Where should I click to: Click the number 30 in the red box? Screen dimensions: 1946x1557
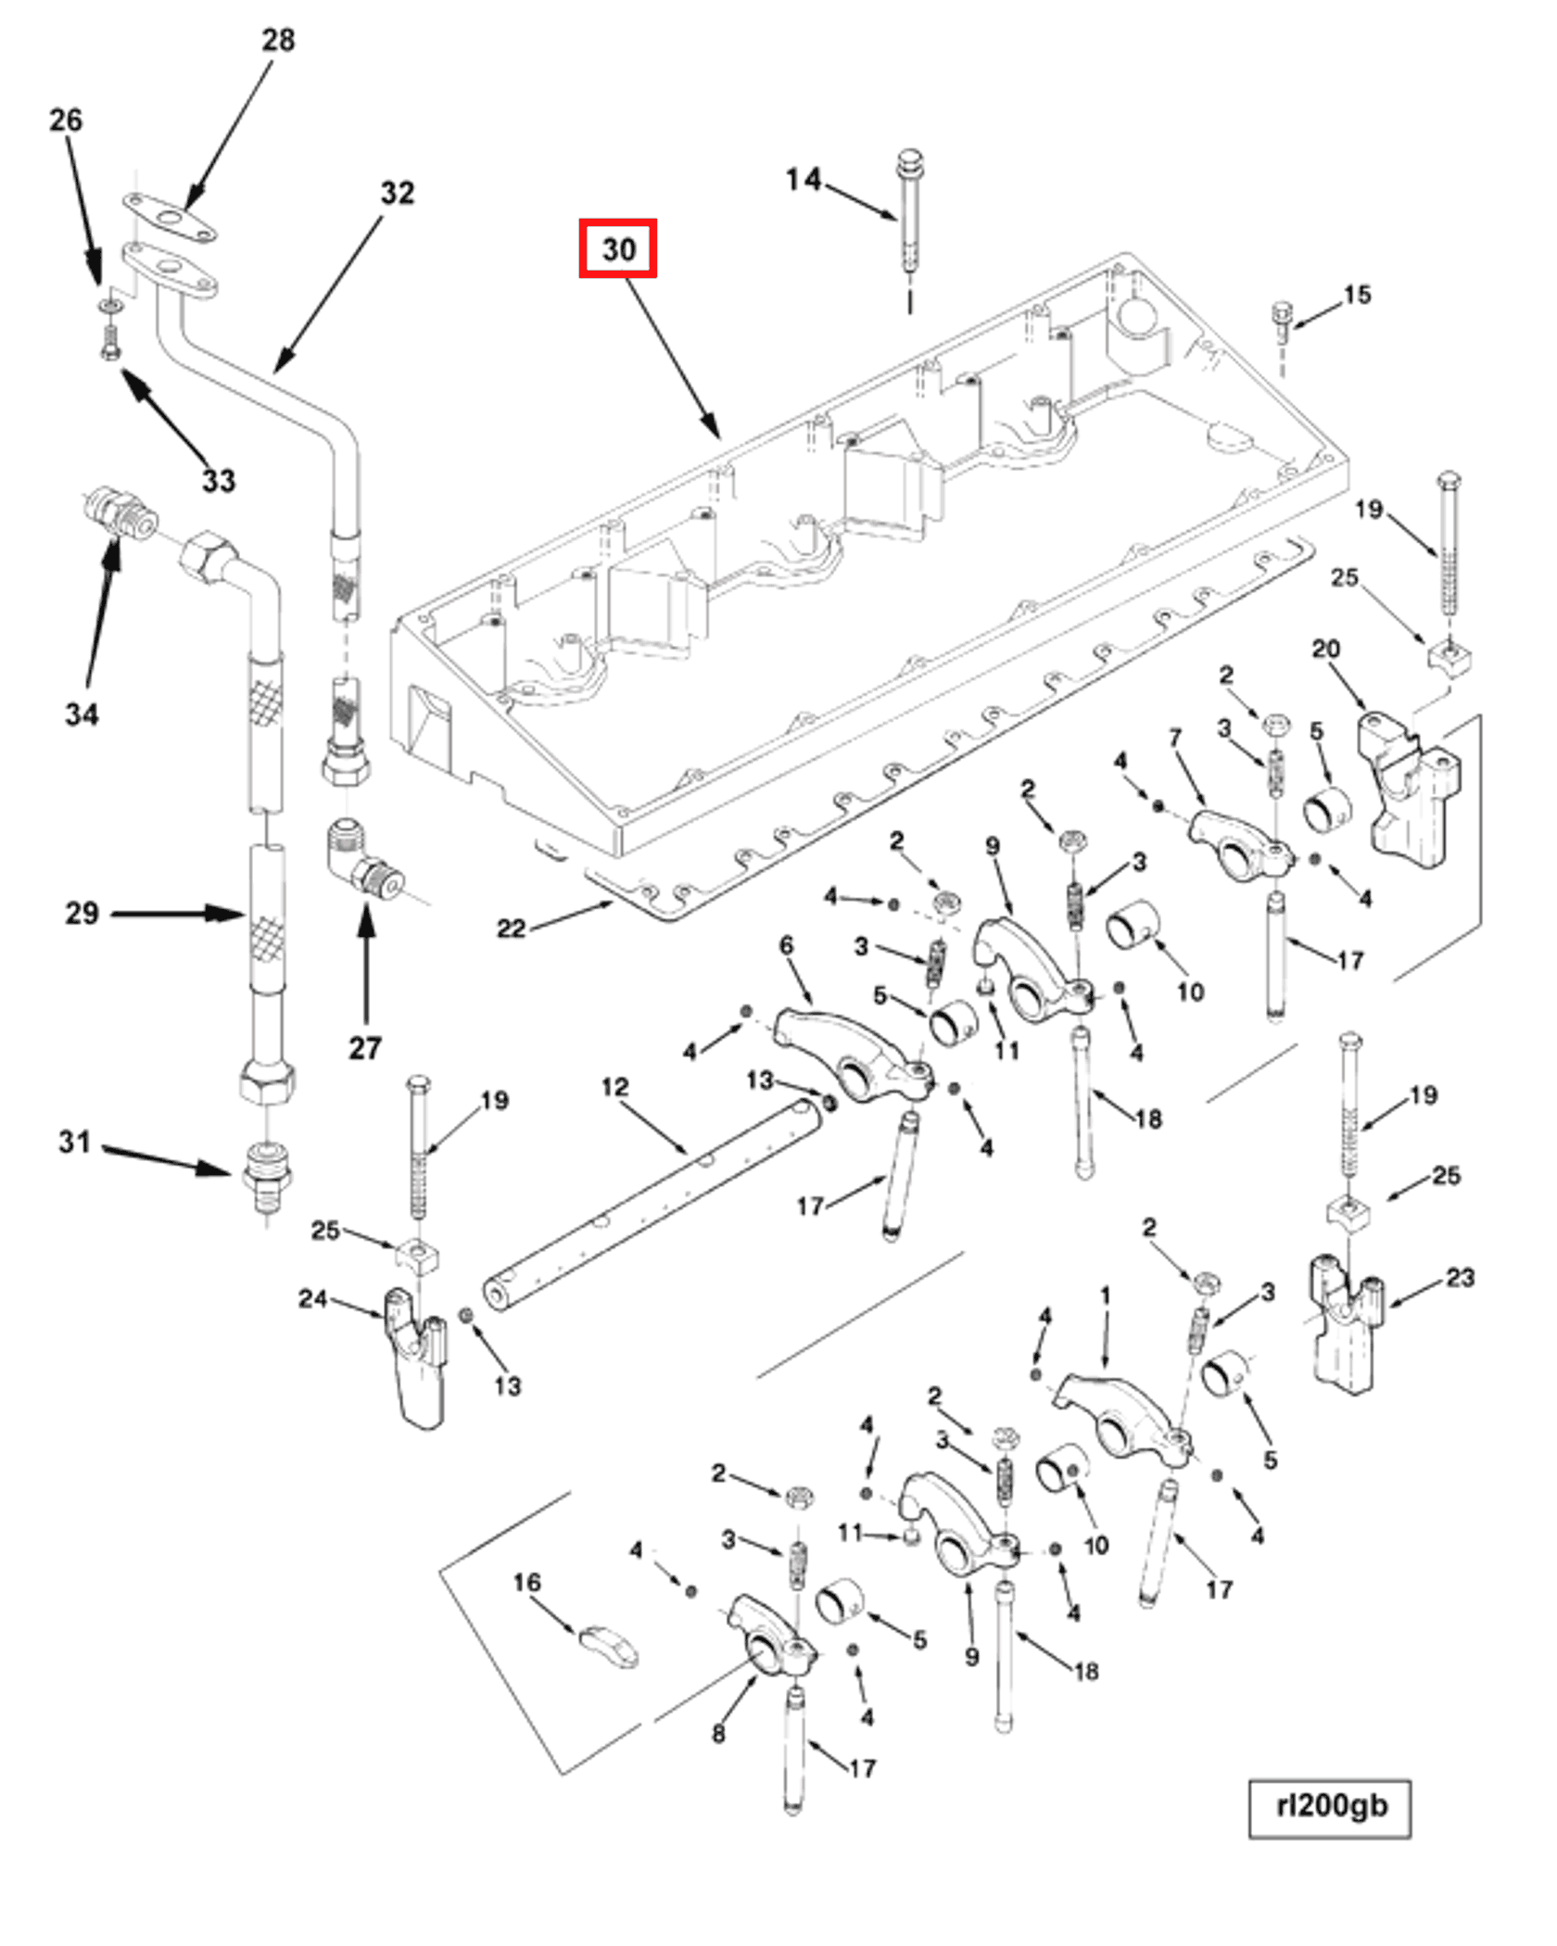[618, 248]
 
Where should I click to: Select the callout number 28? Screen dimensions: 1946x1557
[278, 40]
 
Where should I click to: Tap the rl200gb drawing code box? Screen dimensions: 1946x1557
[1330, 1807]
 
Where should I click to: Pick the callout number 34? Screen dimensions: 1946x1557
[82, 714]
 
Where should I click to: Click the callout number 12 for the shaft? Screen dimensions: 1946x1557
[614, 1087]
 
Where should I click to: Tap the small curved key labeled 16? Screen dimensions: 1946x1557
[609, 1647]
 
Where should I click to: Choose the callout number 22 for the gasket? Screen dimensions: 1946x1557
[512, 929]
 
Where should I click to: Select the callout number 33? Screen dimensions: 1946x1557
[219, 481]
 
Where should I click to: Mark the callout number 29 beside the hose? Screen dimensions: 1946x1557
[82, 914]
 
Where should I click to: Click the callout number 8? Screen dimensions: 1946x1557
[718, 1733]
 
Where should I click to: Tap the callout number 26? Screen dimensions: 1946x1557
[65, 120]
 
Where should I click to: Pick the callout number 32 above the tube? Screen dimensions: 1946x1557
[398, 193]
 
